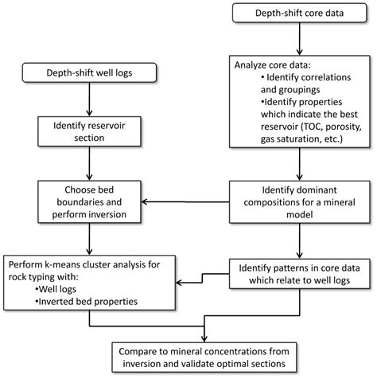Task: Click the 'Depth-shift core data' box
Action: pos(296,14)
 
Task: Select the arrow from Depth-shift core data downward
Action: pos(296,38)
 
